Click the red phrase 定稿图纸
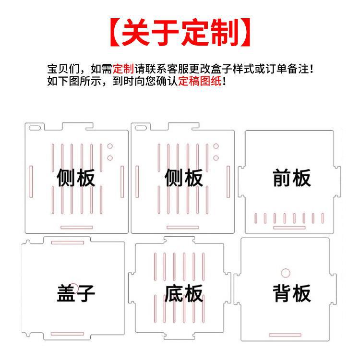coord(200,81)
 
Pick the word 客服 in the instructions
coord(179,68)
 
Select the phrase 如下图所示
coord(74,81)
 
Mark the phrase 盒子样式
coord(232,68)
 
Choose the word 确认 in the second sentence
coord(167,81)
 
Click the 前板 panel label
coord(292,178)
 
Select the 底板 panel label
coord(183,293)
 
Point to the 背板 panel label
coord(292,292)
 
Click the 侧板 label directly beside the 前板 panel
coord(183,178)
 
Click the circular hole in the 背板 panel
coord(286,273)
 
